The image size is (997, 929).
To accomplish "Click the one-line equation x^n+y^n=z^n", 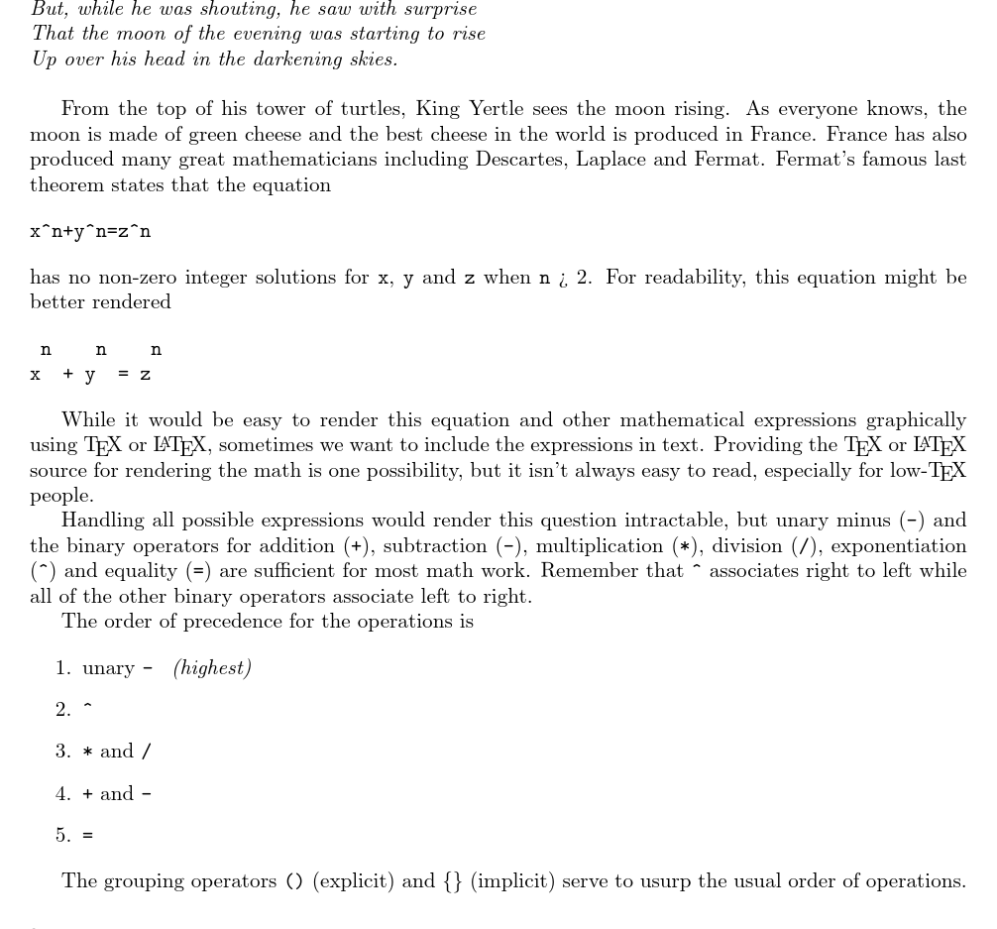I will [x=90, y=232].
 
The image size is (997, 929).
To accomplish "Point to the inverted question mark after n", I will [x=562, y=280].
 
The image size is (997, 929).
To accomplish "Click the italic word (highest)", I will [x=212, y=668].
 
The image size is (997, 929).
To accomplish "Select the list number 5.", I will [x=62, y=836].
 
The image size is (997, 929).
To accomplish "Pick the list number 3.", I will [x=62, y=752].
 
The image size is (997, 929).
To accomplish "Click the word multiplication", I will [x=599, y=546].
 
